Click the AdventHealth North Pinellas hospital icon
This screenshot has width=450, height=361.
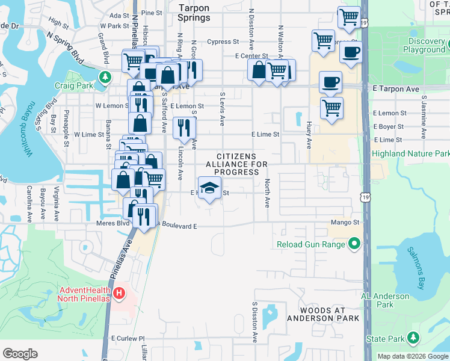(x=120, y=294)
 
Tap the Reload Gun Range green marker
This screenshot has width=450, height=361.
(x=354, y=244)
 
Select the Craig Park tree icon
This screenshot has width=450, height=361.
(x=105, y=77)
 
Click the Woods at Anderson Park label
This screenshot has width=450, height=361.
(x=322, y=314)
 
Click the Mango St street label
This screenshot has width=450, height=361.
(x=345, y=223)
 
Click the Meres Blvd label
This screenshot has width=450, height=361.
(x=96, y=223)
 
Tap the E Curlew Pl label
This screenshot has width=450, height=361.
(x=129, y=339)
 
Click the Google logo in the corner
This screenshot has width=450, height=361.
(x=20, y=353)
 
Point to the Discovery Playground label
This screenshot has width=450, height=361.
(x=418, y=46)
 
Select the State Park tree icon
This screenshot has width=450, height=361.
(x=413, y=339)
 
